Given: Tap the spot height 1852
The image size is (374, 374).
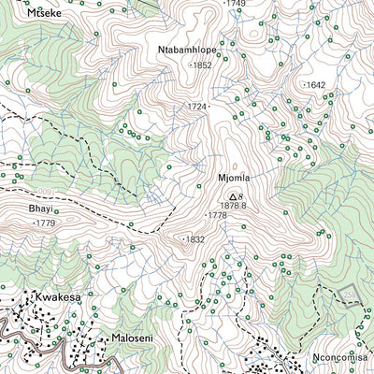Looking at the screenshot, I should pos(201,65).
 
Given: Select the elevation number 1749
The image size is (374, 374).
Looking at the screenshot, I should pos(235,4).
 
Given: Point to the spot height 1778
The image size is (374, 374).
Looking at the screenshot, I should pos(216,216).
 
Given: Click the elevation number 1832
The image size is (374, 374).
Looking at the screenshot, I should pos(194,239).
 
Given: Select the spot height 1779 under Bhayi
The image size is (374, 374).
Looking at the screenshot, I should pos(44,224).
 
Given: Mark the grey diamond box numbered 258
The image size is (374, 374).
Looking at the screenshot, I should pos(349,295).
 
